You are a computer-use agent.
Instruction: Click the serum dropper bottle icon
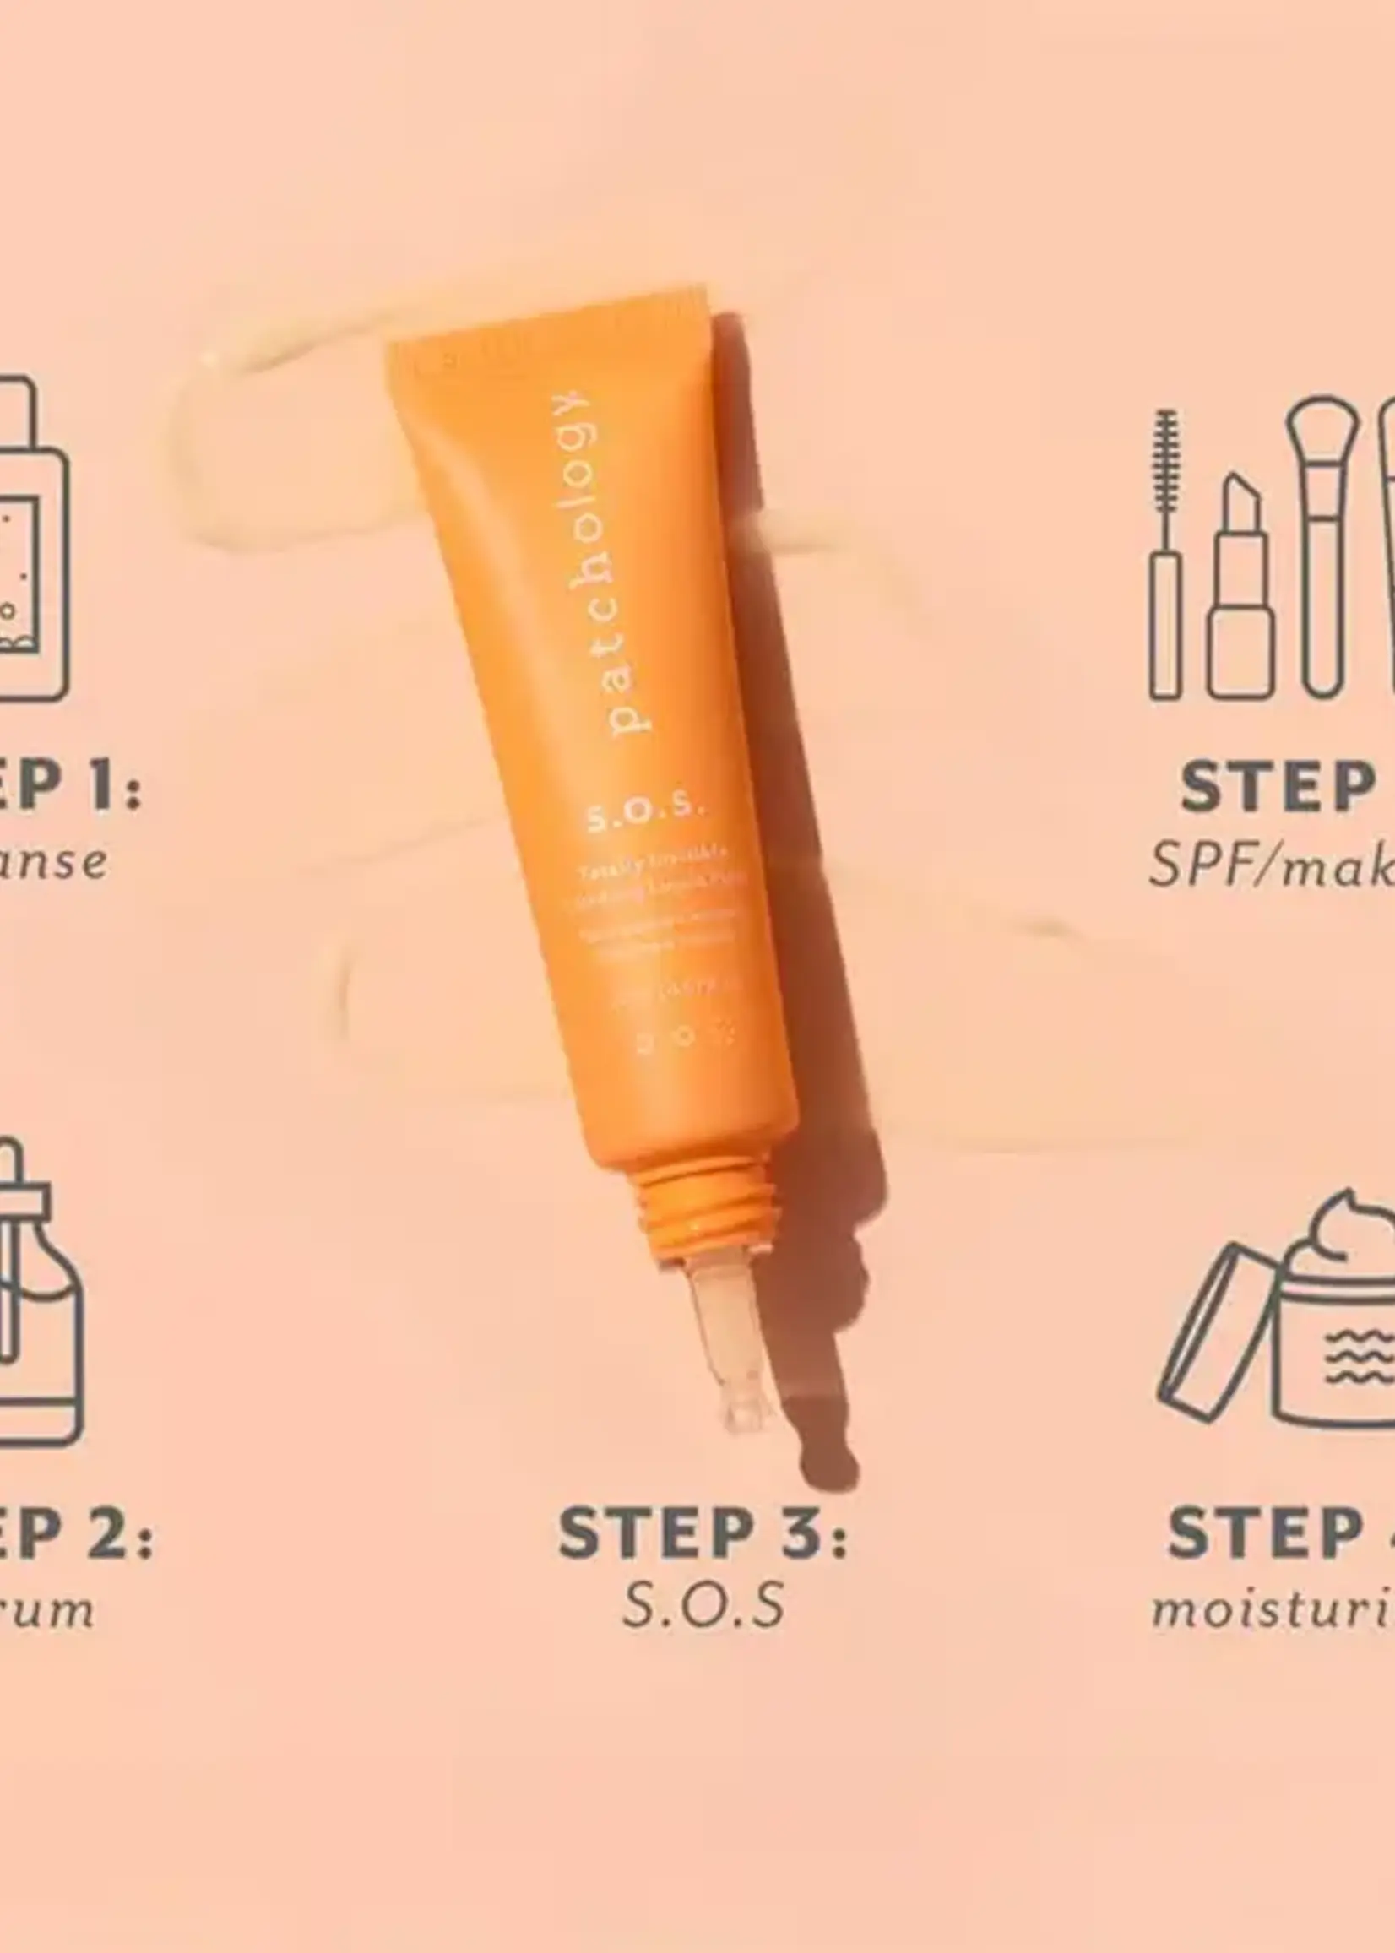[35, 1297]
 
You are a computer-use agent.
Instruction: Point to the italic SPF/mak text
[1272, 865]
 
